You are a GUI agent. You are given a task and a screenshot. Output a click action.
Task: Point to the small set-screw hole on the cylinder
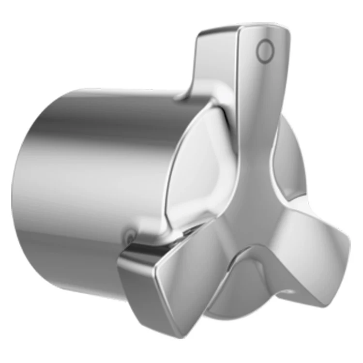click(x=129, y=237)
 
